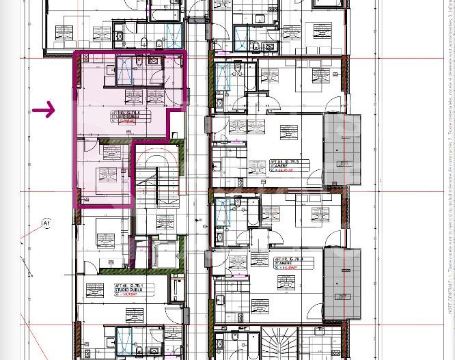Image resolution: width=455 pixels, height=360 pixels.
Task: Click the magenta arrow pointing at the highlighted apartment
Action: pos(44,109)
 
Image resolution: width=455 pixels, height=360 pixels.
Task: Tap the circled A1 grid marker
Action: pos(46,223)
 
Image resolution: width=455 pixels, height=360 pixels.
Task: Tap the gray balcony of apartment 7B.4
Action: pos(342,283)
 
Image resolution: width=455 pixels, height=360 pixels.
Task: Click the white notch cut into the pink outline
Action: pos(177,126)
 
